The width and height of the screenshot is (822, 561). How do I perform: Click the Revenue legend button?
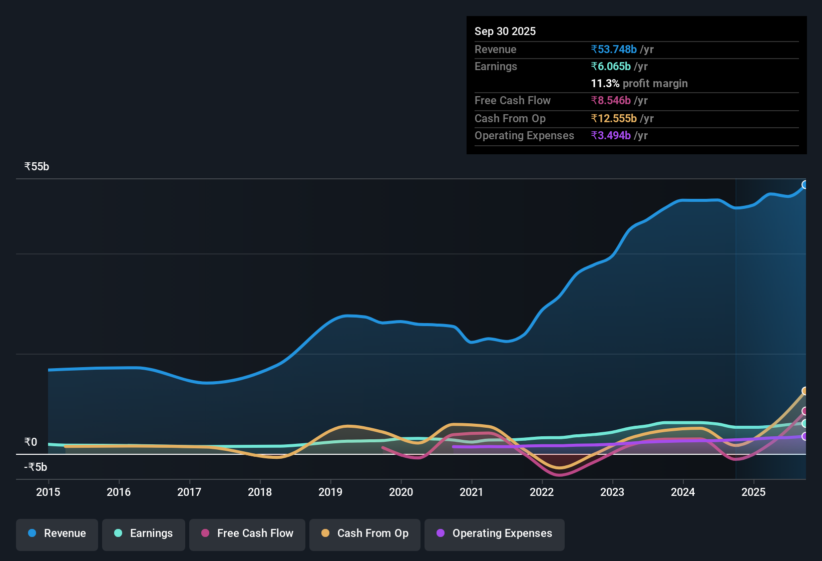(x=57, y=533)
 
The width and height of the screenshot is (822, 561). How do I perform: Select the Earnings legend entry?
(x=144, y=533)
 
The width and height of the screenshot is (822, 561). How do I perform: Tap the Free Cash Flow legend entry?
(x=247, y=533)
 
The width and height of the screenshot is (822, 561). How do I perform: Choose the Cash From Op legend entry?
(x=365, y=533)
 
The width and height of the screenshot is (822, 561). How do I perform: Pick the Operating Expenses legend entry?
(x=495, y=533)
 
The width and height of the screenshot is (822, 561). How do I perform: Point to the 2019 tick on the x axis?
(x=330, y=492)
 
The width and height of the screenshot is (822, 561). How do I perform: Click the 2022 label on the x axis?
(x=542, y=492)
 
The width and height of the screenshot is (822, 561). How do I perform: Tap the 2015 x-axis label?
(x=48, y=492)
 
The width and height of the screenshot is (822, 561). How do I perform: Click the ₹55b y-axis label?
(x=37, y=167)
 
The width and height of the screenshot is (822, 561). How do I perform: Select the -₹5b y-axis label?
(x=36, y=467)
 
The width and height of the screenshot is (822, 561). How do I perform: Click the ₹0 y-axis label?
(x=31, y=442)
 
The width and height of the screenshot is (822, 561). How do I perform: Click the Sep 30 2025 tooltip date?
(x=505, y=32)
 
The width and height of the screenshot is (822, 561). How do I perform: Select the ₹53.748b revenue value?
(x=614, y=50)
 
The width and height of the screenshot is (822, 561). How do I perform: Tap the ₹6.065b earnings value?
(x=611, y=67)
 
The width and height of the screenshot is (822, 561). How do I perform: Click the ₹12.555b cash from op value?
(x=614, y=119)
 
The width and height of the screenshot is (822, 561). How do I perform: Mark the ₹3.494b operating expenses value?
(x=611, y=136)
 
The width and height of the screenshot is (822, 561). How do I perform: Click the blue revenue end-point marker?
(x=805, y=185)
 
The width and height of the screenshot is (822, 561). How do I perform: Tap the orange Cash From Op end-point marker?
(x=805, y=391)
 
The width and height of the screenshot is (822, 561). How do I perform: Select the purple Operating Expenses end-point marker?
(x=805, y=436)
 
